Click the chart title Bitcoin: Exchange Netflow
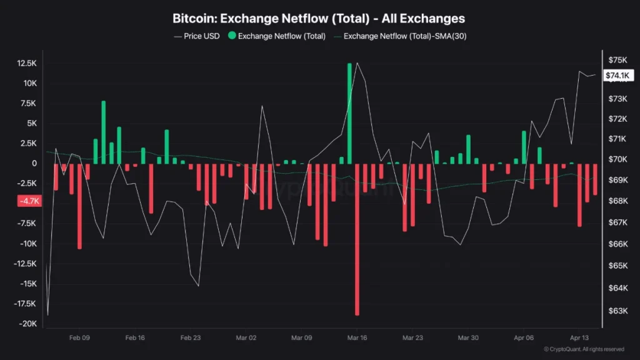319,19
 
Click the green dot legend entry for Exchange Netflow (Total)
276,36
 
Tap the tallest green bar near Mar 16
350,112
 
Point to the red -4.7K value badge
29,201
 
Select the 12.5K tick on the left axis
27,64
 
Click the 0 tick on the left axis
34,164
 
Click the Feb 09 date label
79,337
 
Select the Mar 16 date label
357,337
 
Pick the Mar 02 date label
246,337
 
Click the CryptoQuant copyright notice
584,349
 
